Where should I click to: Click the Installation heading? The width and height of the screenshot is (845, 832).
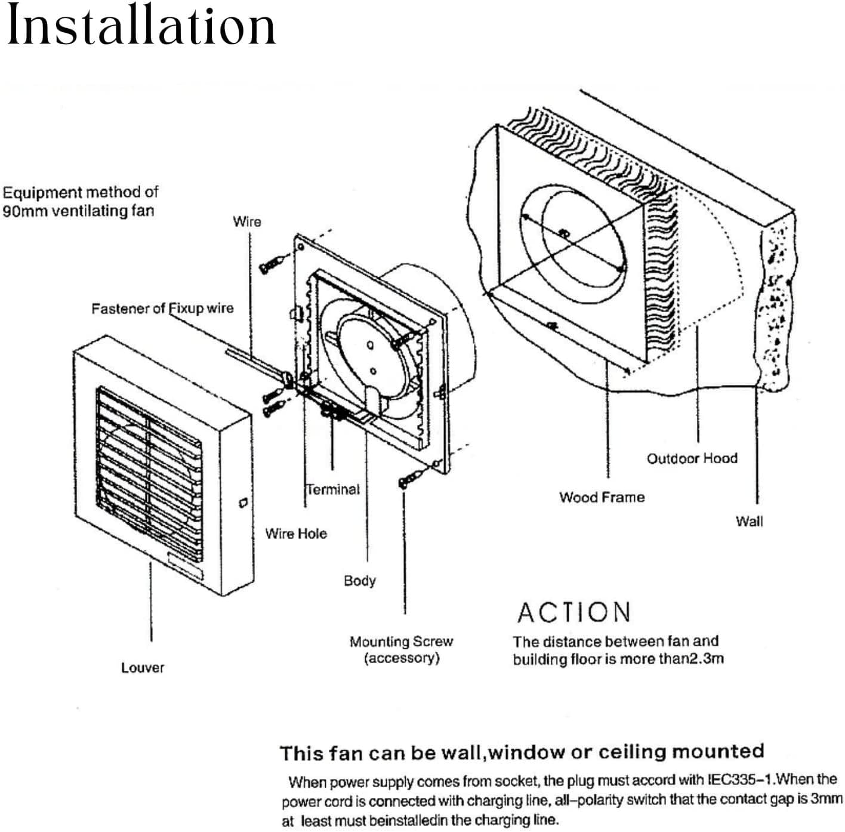click(x=141, y=26)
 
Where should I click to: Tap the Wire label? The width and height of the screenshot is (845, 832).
click(x=247, y=221)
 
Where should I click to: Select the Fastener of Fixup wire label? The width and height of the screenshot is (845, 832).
click(x=162, y=309)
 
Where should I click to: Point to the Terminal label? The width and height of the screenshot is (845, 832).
click(x=333, y=489)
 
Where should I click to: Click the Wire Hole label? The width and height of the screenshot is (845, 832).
click(x=296, y=534)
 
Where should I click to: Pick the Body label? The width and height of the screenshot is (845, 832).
click(x=359, y=581)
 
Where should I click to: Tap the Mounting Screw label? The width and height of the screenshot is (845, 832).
click(x=401, y=642)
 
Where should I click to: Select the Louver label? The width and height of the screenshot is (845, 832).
click(x=142, y=668)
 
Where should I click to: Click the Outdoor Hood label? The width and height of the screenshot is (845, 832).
click(x=692, y=458)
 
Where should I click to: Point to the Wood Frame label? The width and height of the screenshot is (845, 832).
click(x=602, y=497)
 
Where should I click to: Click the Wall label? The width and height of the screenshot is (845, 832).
click(x=749, y=521)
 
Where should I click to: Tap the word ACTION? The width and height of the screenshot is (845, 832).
click(x=573, y=612)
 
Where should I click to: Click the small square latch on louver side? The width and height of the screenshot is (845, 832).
click(x=243, y=503)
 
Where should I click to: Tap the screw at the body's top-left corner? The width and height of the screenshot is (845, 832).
click(x=272, y=263)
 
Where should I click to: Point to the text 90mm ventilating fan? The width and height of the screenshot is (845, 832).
click(x=78, y=211)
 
